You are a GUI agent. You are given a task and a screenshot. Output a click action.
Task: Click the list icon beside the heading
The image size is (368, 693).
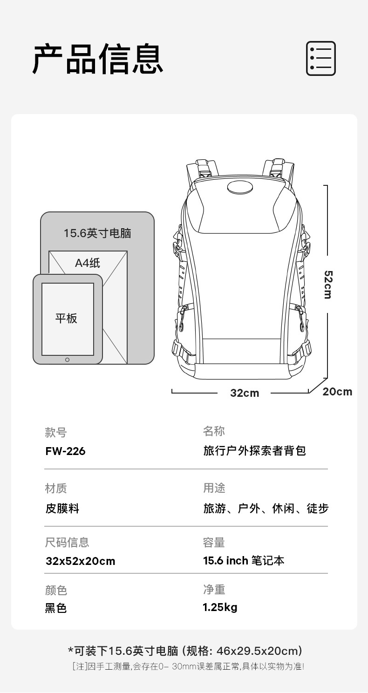point(320,58)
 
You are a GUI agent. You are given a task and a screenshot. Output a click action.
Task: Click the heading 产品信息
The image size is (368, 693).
point(98,59)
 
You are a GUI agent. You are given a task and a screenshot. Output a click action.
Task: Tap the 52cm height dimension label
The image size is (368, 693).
point(327,284)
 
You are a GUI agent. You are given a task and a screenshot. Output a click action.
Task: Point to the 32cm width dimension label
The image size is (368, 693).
point(245,393)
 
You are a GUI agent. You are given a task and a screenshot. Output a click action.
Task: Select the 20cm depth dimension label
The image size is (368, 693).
point(337,392)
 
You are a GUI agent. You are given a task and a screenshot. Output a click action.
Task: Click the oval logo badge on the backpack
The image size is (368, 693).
point(240,188)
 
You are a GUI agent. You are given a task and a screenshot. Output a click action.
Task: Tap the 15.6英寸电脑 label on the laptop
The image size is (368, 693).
point(97,233)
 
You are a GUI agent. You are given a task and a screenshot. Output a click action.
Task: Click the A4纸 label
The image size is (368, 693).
point(88,263)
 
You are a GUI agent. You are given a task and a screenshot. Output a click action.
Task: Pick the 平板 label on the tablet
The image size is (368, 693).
point(67,319)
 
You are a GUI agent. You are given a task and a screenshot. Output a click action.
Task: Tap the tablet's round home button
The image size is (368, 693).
point(68,360)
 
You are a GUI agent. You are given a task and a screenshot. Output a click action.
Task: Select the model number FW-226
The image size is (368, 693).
point(65,451)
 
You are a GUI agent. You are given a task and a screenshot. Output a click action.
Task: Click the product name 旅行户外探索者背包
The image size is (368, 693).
point(254,451)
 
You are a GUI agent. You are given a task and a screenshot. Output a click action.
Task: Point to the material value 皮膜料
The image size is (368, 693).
point(62,509)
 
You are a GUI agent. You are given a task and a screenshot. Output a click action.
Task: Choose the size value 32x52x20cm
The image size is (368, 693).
point(80,561)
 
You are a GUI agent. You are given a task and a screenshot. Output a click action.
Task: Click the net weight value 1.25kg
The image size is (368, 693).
point(220,607)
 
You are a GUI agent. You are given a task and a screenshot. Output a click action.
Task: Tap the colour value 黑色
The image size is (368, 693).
point(56,608)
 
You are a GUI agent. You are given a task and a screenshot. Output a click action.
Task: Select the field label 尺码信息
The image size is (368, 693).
point(67,543)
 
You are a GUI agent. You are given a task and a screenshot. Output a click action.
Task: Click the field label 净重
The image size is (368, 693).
point(214,590)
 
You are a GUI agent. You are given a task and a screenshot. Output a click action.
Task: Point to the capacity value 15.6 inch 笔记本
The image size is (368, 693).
point(244,561)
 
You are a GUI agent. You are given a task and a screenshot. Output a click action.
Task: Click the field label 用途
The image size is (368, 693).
point(214,488)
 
